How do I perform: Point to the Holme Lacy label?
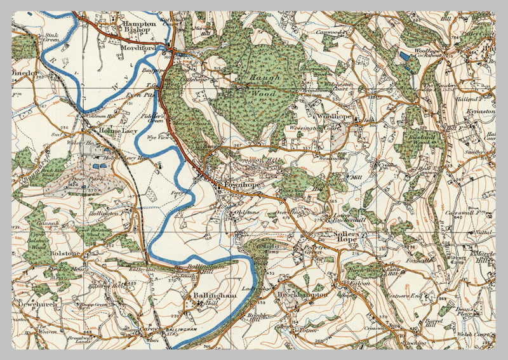pyautogui.click(x=114, y=131)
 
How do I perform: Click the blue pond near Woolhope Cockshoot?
pyautogui.click(x=405, y=57)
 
